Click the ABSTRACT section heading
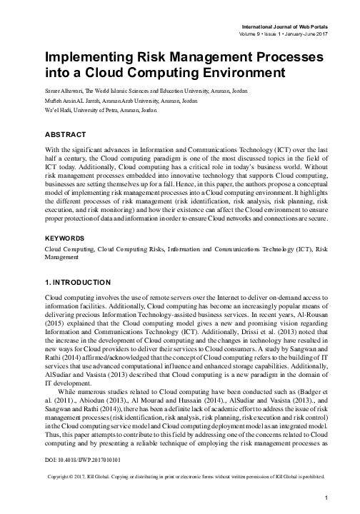(x=65, y=134)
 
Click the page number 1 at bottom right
(x=325, y=498)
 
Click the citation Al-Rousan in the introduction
(x=309, y=313)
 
